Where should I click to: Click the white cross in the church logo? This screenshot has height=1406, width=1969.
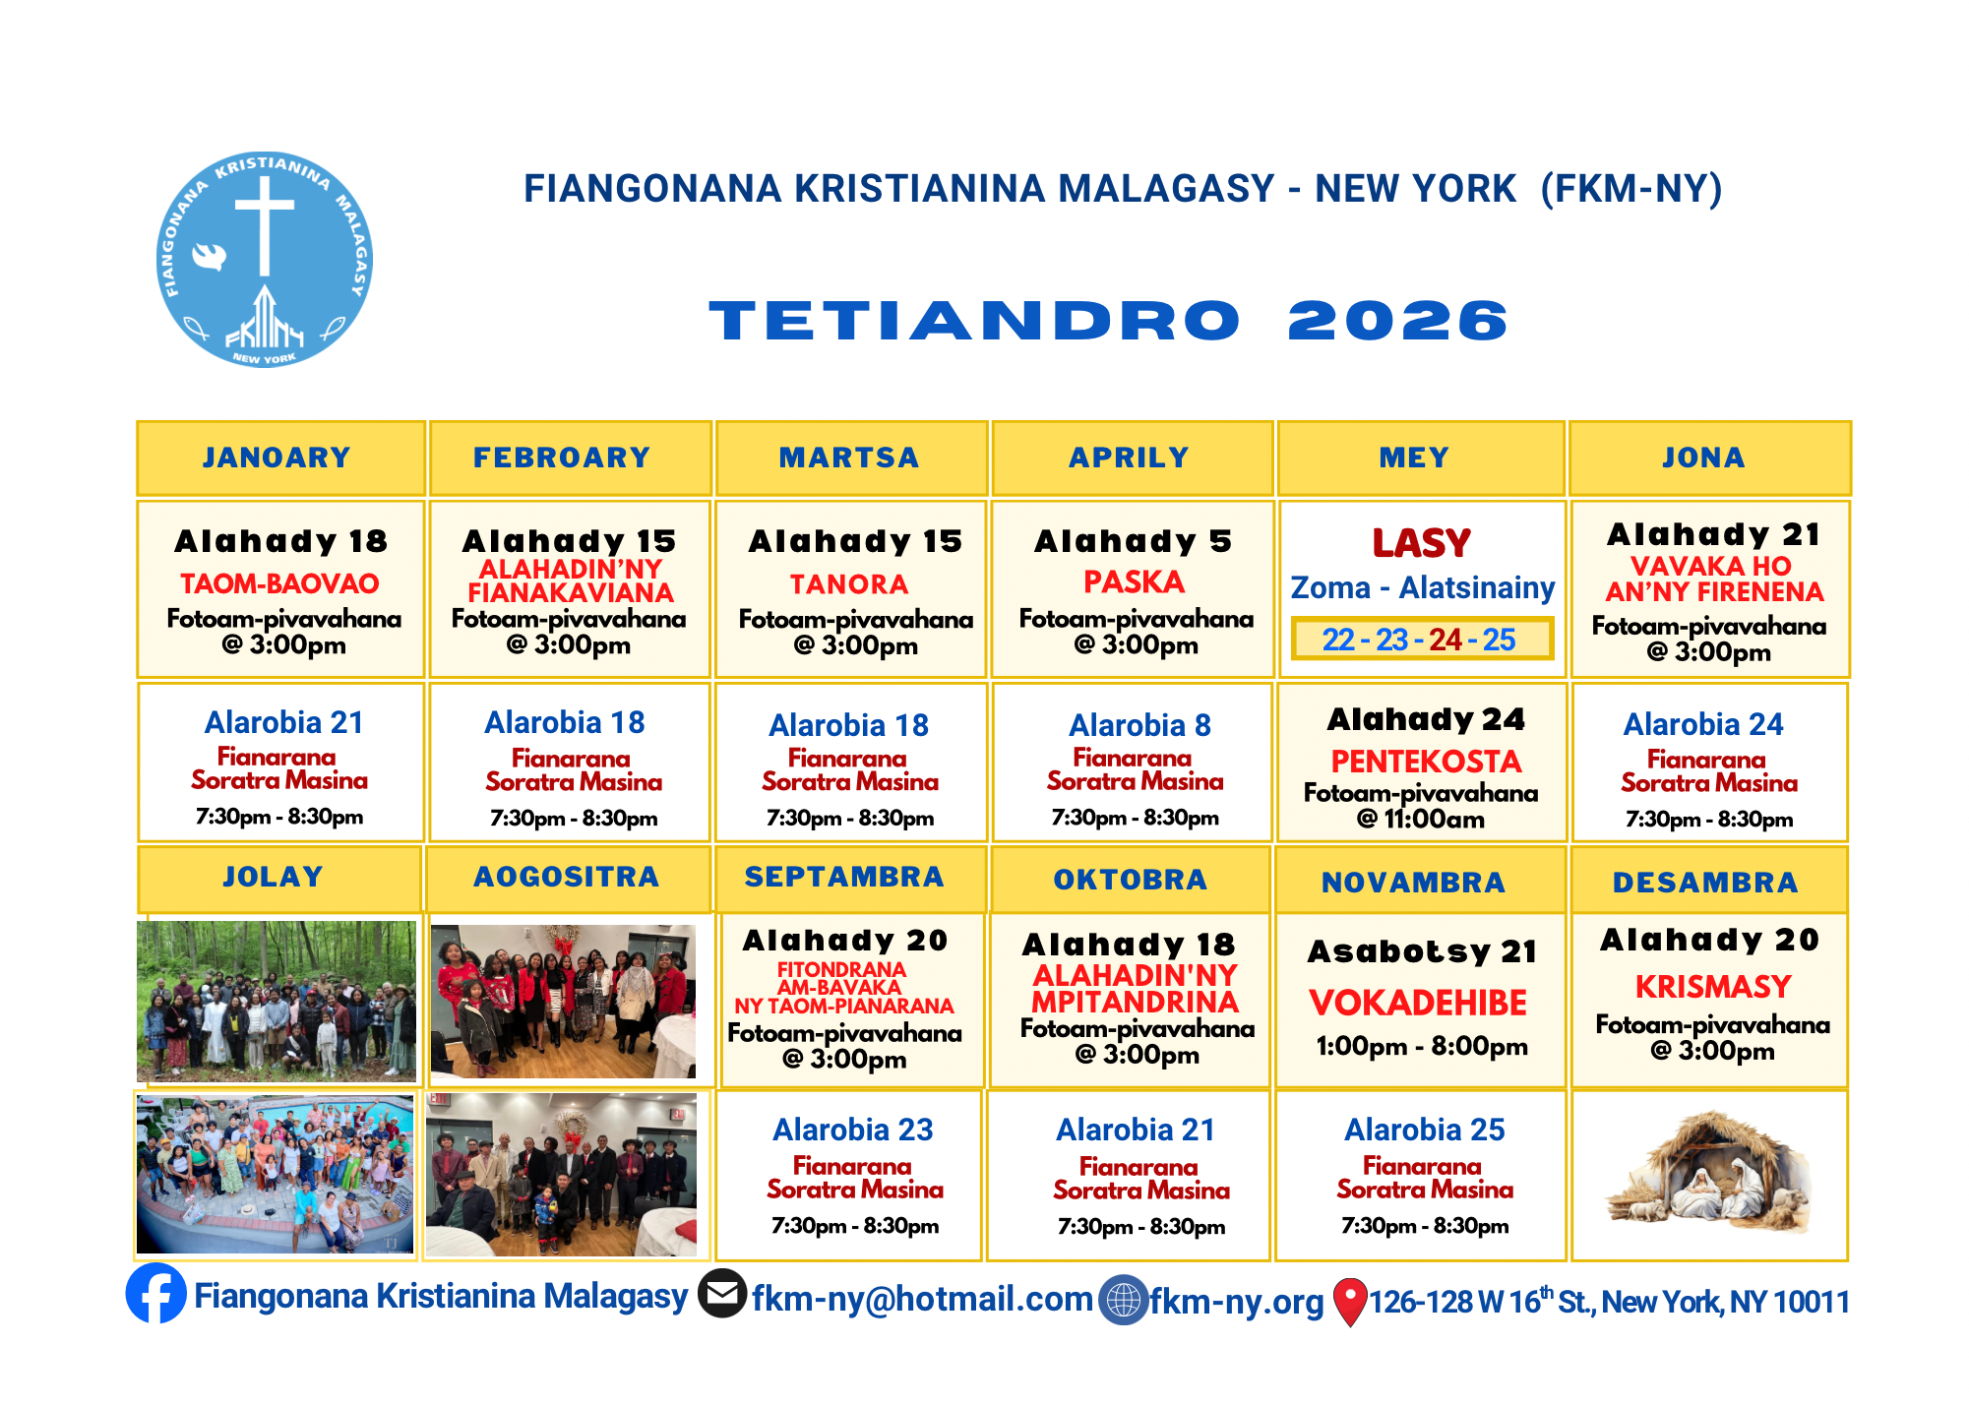click(x=264, y=221)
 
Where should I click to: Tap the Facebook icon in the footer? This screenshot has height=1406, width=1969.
click(x=156, y=1293)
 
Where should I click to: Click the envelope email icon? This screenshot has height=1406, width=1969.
click(x=722, y=1293)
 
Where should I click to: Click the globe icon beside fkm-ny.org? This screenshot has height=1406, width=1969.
click(x=1124, y=1300)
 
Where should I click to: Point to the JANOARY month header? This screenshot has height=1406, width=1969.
click(x=277, y=458)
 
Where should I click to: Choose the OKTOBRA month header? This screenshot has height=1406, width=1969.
click(x=1131, y=880)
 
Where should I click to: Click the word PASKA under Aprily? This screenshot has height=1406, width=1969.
click(x=1134, y=581)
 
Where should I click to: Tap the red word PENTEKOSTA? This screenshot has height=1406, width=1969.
click(x=1426, y=762)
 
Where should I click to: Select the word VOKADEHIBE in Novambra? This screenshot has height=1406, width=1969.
click(x=1418, y=1003)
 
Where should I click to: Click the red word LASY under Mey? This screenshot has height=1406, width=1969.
click(x=1421, y=543)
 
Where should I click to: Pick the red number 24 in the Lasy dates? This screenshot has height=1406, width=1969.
click(x=1446, y=640)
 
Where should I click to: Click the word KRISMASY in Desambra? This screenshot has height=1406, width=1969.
click(x=1713, y=986)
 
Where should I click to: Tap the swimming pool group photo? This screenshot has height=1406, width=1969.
click(x=276, y=1174)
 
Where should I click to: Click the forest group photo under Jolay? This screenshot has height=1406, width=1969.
click(x=277, y=1001)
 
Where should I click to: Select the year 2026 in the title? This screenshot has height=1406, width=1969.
click(x=1397, y=321)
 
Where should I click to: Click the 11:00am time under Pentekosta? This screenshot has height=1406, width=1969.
click(x=1434, y=819)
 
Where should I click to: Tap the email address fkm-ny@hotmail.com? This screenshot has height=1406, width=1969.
click(x=922, y=1299)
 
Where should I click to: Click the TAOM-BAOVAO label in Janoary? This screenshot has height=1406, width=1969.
click(x=279, y=583)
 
